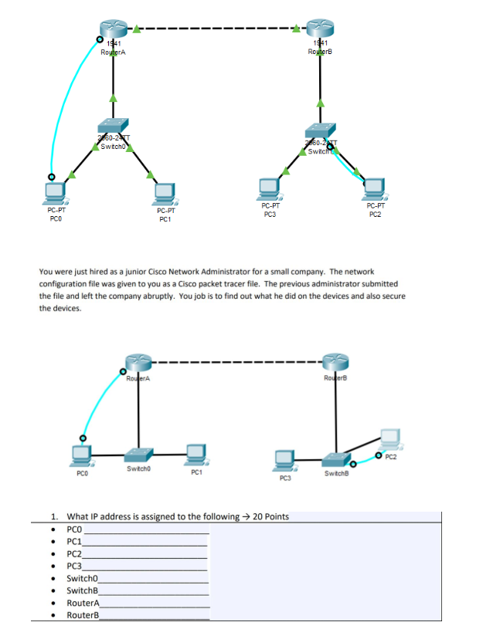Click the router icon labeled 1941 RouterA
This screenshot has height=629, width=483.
(114, 29)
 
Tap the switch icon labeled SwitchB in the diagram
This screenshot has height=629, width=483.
(335, 458)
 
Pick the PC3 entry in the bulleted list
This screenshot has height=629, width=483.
(74, 566)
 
